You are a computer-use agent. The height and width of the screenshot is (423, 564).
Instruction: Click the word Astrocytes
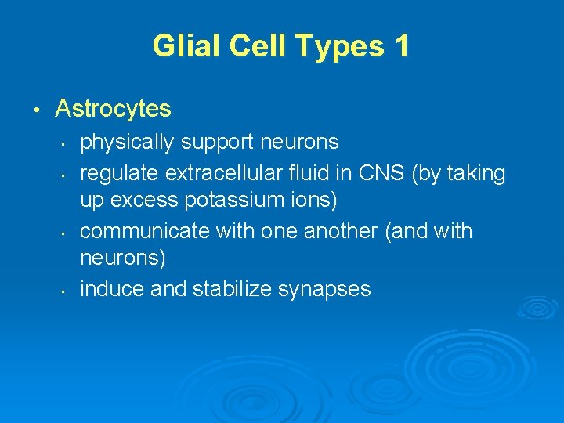click(113, 108)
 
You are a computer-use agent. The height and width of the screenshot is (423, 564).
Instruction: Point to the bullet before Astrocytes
click(37, 108)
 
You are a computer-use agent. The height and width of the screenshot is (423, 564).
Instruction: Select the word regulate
click(110, 172)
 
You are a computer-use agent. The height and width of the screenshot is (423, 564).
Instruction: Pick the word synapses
click(324, 289)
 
